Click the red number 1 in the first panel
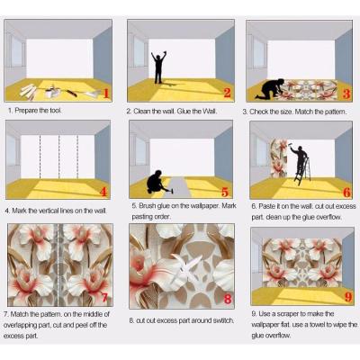click(x=106, y=93)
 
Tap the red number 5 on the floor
click(x=225, y=192)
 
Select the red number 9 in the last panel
click(x=348, y=297)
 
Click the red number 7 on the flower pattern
click(x=104, y=298)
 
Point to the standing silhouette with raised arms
click(x=158, y=67)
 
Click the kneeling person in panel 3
click(x=270, y=88)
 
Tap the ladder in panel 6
click(x=301, y=171)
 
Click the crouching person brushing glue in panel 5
click(x=156, y=182)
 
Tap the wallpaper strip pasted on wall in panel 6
click(x=279, y=158)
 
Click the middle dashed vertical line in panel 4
click(x=59, y=157)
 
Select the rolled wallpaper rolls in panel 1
click(x=28, y=91)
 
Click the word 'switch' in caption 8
click(x=222, y=320)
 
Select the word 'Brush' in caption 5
click(x=147, y=206)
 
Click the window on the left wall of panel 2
click(x=139, y=52)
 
